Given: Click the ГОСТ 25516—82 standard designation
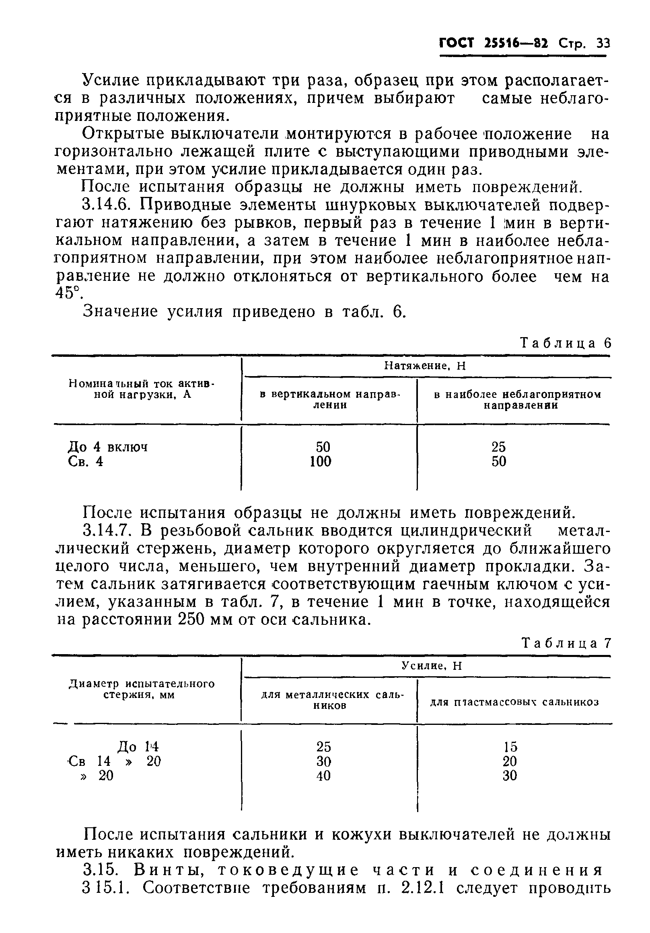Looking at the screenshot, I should tap(494, 43).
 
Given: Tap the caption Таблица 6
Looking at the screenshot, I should tap(566, 343).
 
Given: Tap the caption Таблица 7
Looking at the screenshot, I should tap(566, 643).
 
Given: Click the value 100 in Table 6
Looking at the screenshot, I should tap(321, 461).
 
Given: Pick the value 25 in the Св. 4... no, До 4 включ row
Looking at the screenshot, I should tap(498, 446).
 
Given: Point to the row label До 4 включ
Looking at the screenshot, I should tap(107, 447).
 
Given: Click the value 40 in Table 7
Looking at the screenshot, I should tap(323, 776).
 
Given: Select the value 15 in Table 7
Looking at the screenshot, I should tap(510, 747).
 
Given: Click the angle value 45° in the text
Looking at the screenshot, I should tap(67, 293).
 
